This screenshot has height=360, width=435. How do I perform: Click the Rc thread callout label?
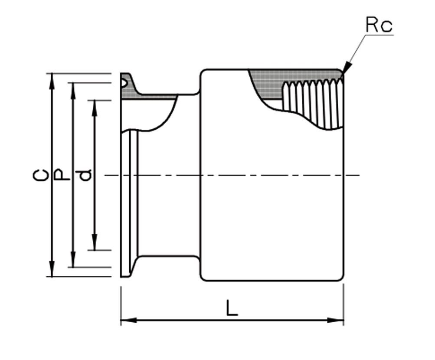(x=379, y=25)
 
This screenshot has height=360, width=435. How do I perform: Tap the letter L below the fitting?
(x=232, y=308)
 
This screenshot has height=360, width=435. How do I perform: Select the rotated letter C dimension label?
(x=41, y=175)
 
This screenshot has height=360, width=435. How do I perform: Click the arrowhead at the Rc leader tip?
(x=347, y=68)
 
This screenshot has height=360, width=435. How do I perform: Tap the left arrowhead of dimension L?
(x=129, y=320)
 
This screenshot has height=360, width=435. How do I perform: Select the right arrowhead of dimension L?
(x=336, y=320)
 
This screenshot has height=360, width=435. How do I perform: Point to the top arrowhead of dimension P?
(x=73, y=91)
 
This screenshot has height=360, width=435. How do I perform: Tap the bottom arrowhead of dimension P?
(x=73, y=260)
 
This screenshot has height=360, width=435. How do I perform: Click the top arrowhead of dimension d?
(x=95, y=108)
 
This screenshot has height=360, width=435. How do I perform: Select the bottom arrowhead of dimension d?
(x=95, y=242)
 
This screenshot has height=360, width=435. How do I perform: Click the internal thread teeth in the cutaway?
(x=313, y=104)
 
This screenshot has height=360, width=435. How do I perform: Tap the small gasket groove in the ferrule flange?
(x=124, y=82)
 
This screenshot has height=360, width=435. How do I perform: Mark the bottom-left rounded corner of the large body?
(x=203, y=278)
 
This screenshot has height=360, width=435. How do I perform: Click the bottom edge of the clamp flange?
(x=125, y=277)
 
